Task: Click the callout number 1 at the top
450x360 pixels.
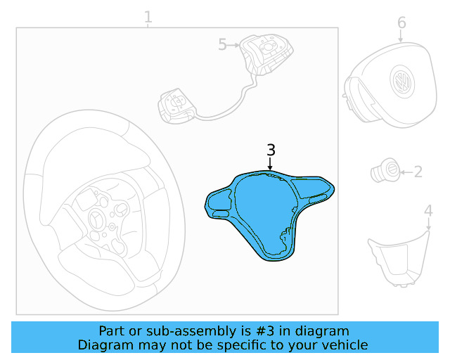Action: (x=148, y=16)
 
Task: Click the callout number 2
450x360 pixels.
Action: (x=418, y=171)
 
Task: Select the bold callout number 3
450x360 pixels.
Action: (x=271, y=150)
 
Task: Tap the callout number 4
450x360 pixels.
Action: (x=428, y=210)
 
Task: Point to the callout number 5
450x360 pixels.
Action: (x=222, y=45)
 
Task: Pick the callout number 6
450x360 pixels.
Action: (x=401, y=22)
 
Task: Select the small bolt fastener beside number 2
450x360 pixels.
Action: (x=386, y=170)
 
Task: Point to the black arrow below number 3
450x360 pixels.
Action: (x=270, y=165)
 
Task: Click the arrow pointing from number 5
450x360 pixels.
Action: (x=234, y=45)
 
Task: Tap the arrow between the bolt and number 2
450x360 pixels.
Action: (x=405, y=171)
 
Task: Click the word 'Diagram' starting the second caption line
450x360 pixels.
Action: (x=104, y=345)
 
